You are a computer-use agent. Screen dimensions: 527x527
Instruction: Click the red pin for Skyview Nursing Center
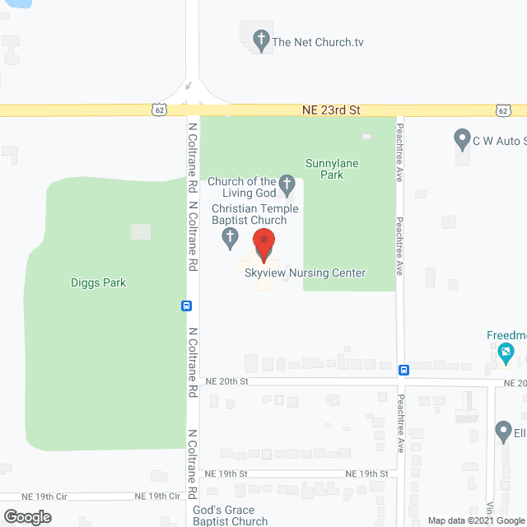coord(263,244)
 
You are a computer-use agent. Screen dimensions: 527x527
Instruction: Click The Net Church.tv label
coord(318,42)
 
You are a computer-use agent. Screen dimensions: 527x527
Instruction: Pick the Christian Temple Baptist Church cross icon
coord(231,239)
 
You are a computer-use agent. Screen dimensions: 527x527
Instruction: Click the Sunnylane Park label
coord(332,169)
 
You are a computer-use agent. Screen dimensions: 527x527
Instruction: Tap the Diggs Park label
coord(98,282)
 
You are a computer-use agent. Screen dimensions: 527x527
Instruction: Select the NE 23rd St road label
coord(333,110)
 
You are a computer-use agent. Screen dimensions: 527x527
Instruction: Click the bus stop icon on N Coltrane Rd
coord(187,305)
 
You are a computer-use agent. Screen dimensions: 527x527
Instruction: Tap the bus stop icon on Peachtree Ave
coord(403,370)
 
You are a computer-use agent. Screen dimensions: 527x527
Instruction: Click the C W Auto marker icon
coord(461,139)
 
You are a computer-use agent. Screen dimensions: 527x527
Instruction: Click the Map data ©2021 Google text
coord(475,520)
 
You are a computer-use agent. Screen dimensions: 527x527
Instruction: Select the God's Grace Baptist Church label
coord(231,515)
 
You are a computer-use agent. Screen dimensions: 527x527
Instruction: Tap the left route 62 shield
coord(158,110)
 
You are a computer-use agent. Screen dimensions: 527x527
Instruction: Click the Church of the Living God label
coord(241,187)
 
